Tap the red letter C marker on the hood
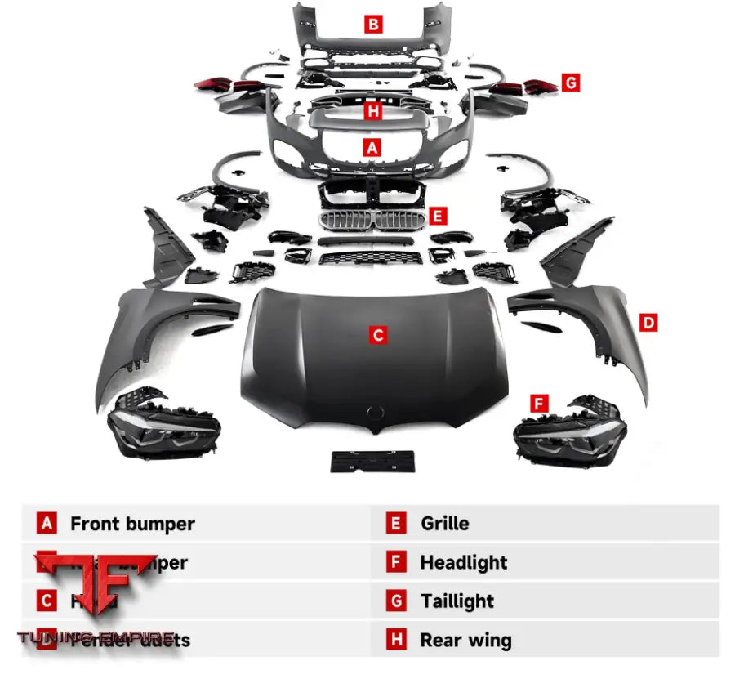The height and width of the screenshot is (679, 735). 377,334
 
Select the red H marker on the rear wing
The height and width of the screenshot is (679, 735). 373,111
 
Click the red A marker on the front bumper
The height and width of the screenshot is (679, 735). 373,148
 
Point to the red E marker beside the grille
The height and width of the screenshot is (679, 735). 439,217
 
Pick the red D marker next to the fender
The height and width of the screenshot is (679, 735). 648,323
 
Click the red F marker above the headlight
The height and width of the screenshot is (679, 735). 538,403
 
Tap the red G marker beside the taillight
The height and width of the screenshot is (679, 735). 571,82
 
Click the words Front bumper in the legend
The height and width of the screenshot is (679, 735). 132,524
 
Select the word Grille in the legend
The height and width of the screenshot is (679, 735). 444,524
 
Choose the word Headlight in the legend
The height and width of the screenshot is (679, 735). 463,562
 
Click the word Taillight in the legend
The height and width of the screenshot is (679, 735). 457,601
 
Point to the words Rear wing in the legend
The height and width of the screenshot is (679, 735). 465,641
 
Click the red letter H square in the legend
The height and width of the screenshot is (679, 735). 397,641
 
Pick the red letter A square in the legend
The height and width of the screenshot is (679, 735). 47,524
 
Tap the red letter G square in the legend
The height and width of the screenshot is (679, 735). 397,601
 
